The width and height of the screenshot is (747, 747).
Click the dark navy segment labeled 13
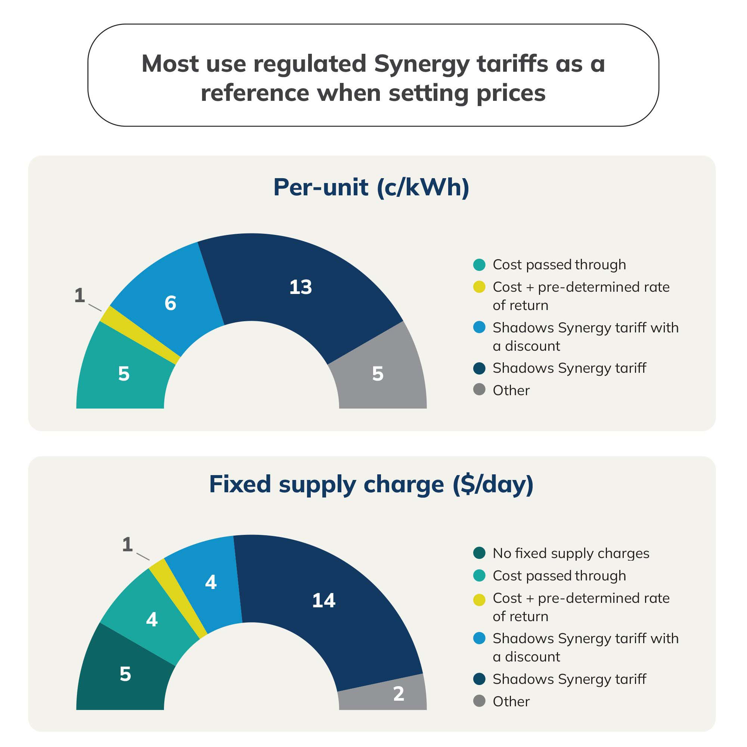click(301, 287)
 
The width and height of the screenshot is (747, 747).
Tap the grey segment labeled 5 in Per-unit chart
click(378, 373)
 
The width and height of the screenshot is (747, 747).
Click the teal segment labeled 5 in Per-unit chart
click(124, 373)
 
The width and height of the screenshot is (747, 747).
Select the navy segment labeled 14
click(324, 600)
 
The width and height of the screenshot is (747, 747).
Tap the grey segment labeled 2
click(399, 693)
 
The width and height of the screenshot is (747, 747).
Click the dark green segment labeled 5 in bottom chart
click(125, 674)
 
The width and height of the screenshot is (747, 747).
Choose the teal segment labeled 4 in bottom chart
click(152, 619)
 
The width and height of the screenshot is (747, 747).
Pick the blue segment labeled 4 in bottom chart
click(211, 582)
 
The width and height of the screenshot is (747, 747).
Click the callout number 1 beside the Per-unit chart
click(80, 295)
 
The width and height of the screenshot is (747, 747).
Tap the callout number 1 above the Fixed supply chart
click(128, 545)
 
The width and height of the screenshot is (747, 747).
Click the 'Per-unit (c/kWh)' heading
click(371, 187)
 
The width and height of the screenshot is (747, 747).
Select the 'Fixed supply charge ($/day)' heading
click(371, 484)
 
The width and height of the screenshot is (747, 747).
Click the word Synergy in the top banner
click(422, 64)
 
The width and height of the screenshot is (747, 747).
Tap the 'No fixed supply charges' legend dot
click(479, 553)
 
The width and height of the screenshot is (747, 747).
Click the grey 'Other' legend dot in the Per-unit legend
click(479, 389)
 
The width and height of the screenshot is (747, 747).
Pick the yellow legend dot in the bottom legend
click(479, 600)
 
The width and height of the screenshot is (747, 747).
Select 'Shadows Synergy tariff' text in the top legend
click(569, 368)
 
